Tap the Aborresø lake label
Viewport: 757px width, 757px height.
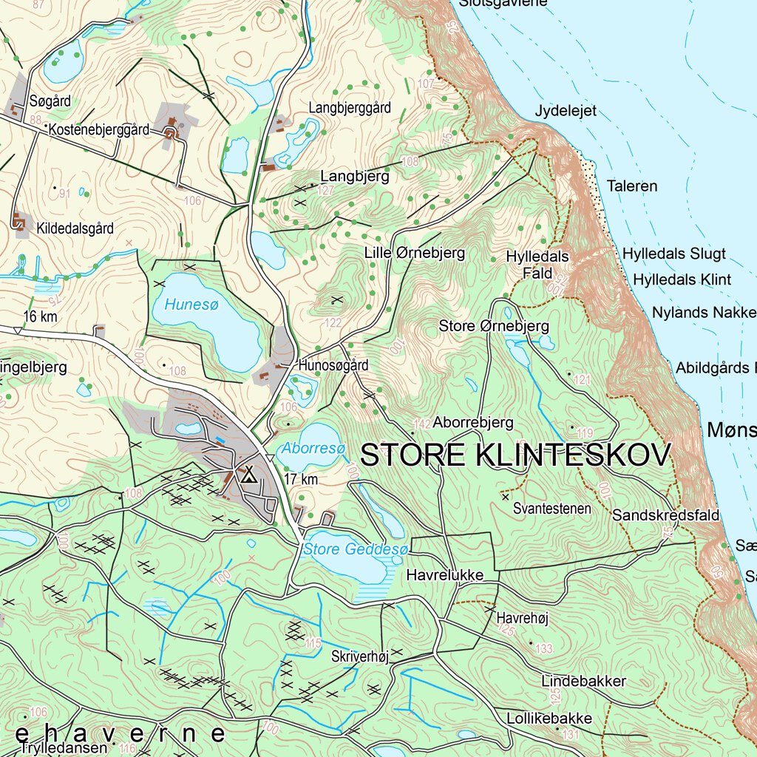[311, 447]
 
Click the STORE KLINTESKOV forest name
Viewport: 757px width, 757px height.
[515, 455]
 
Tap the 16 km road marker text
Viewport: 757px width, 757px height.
[41, 317]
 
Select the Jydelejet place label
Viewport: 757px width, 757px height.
[566, 112]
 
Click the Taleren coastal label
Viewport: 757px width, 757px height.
[631, 186]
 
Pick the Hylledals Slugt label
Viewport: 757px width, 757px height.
[673, 254]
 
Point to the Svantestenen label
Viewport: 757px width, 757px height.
[552, 509]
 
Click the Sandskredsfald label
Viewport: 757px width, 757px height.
[665, 515]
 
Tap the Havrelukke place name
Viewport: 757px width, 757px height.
[444, 574]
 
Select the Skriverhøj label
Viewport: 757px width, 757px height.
[360, 657]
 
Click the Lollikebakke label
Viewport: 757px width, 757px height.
[549, 718]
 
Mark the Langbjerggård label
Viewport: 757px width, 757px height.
[350, 108]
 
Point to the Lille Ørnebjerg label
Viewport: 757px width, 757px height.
[415, 253]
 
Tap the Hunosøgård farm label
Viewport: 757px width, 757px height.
[333, 365]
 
